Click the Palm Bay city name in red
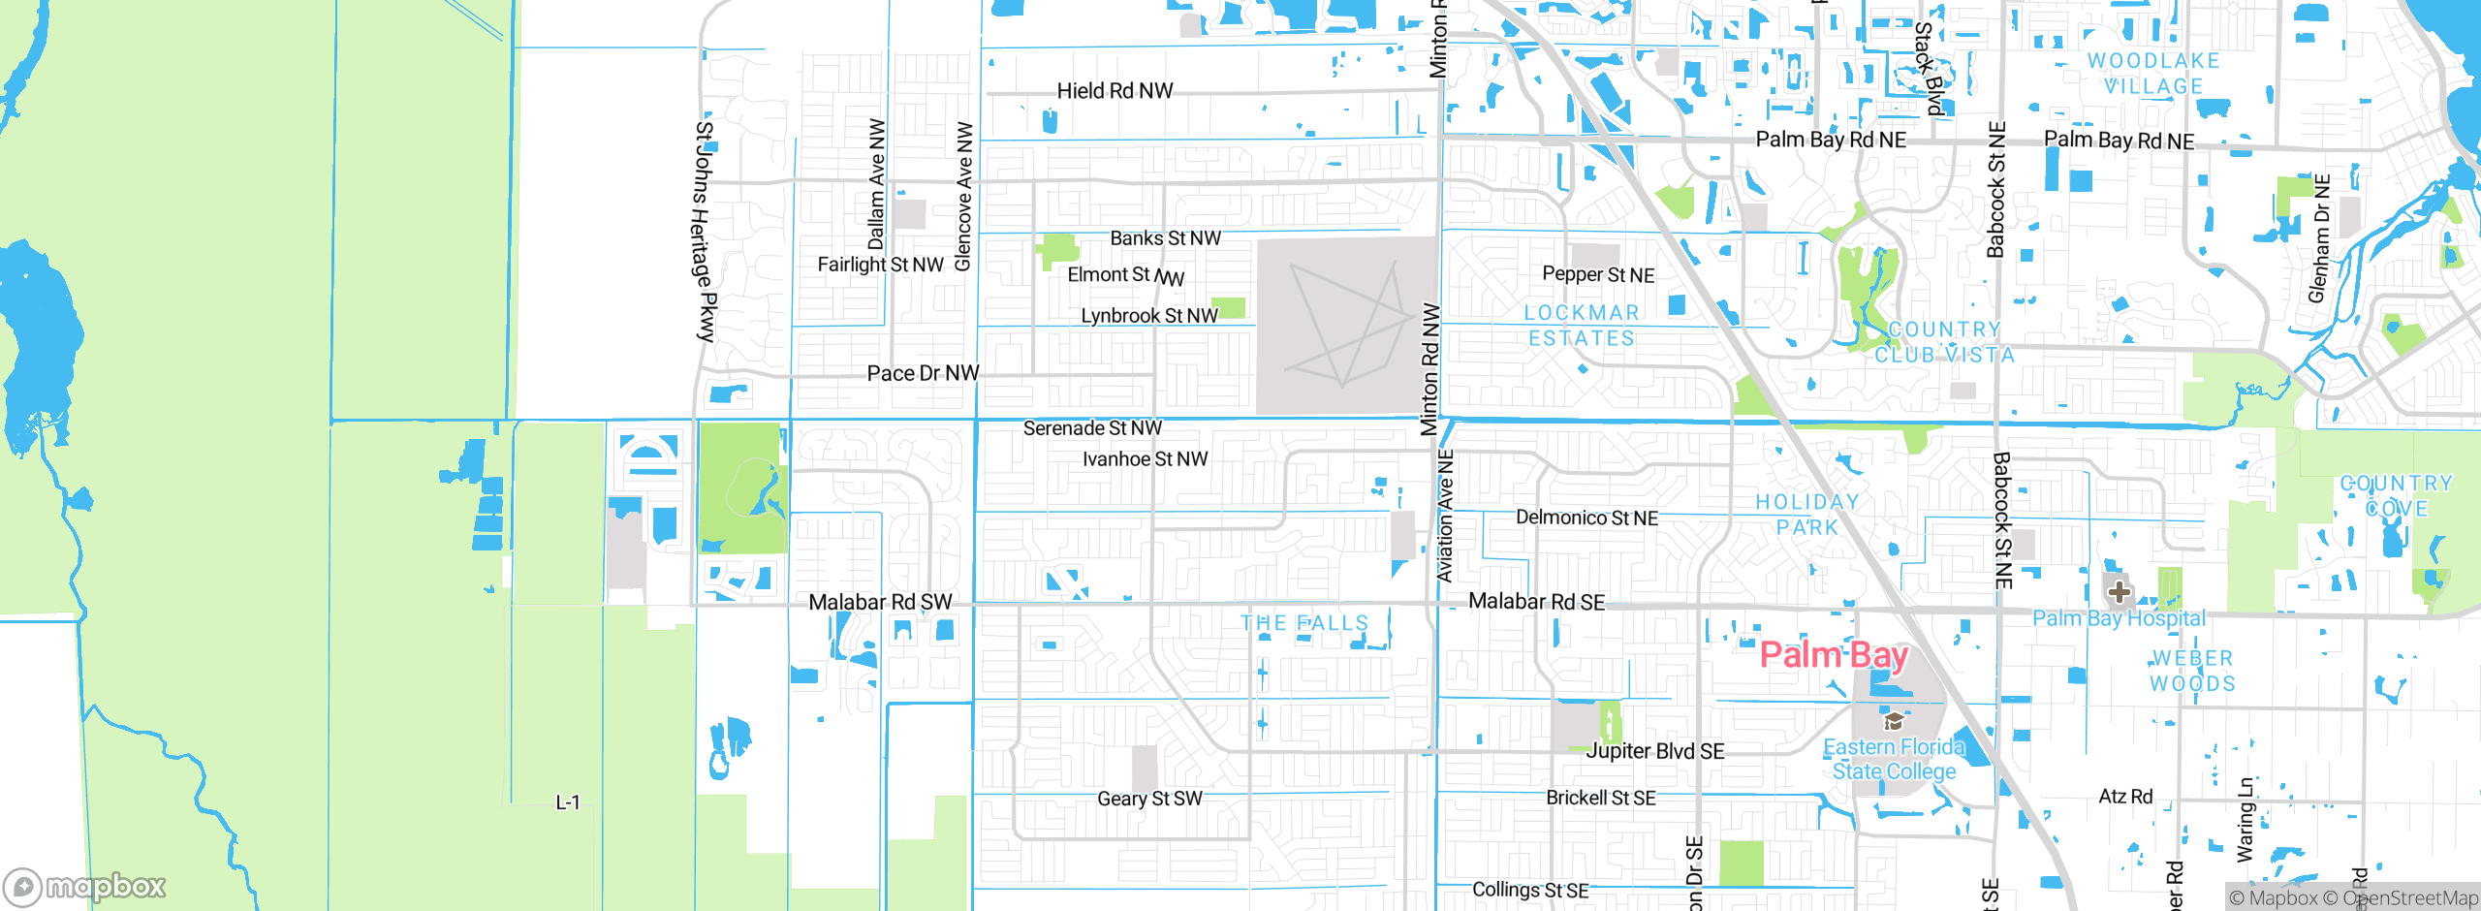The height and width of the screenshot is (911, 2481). pyautogui.click(x=1833, y=656)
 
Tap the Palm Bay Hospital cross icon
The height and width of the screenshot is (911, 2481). pyautogui.click(x=2119, y=591)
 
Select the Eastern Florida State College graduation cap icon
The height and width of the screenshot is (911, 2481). pyautogui.click(x=1893, y=721)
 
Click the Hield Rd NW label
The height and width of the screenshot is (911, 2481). pyautogui.click(x=1115, y=91)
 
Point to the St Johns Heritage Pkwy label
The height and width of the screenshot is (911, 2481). pyautogui.click(x=706, y=231)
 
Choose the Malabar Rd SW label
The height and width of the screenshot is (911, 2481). pyautogui.click(x=880, y=603)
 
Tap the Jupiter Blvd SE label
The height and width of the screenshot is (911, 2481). pyautogui.click(x=1655, y=751)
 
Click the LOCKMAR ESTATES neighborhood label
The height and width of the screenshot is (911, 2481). pyautogui.click(x=1582, y=326)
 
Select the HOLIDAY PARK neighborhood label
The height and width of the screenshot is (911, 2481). pyautogui.click(x=1807, y=515)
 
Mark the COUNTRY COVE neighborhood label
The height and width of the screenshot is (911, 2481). pyautogui.click(x=2396, y=495)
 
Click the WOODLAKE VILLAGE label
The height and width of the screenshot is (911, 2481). pyautogui.click(x=2153, y=74)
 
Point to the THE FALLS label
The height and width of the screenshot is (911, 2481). pyautogui.click(x=1304, y=623)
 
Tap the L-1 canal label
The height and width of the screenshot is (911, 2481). pyautogui.click(x=568, y=802)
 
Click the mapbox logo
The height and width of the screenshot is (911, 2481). pyautogui.click(x=85, y=886)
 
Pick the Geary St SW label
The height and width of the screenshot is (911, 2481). pyautogui.click(x=1149, y=799)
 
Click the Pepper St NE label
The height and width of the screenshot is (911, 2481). pyautogui.click(x=1598, y=275)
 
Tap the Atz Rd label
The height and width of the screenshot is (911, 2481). pyautogui.click(x=2125, y=797)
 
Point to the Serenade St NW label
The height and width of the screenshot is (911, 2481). pyautogui.click(x=1092, y=428)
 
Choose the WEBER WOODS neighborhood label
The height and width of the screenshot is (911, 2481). pyautogui.click(x=2192, y=671)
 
